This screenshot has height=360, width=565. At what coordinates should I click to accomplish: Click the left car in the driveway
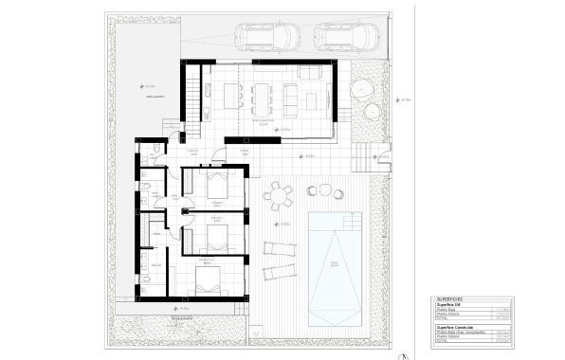[267, 36]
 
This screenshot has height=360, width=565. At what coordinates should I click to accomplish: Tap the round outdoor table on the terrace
[278, 197]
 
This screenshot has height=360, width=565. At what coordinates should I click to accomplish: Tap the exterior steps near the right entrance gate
[363, 154]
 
